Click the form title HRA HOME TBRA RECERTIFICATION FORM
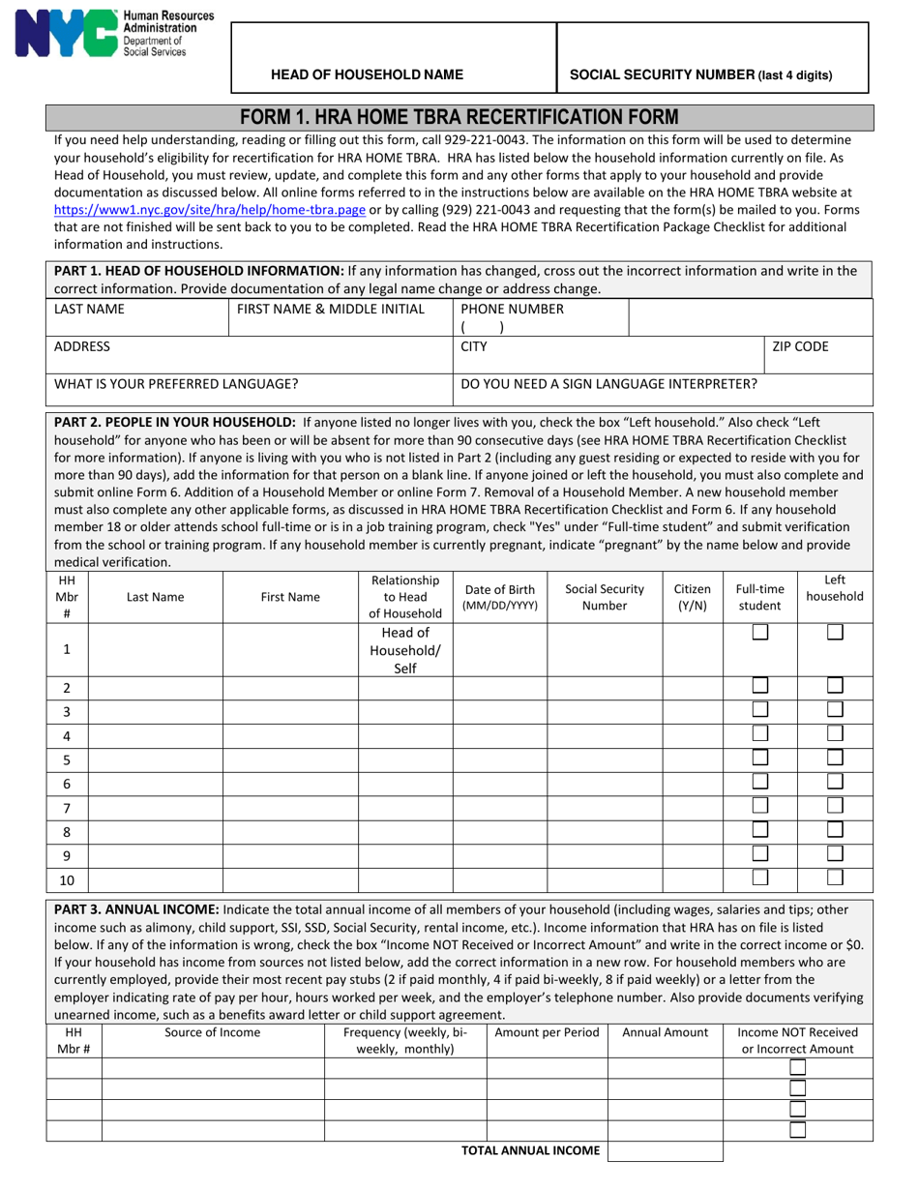point(459,117)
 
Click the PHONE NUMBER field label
point(512,310)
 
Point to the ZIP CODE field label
point(800,346)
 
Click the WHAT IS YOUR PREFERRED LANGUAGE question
point(176,384)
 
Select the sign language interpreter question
point(609,384)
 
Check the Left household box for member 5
point(835,758)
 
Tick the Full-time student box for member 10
point(760,878)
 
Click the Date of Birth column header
point(499,598)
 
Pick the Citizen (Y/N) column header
point(693,598)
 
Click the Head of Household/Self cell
point(405,650)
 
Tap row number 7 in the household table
point(67,808)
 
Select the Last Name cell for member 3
point(156,711)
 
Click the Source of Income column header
point(212,1032)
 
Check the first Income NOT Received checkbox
point(797,1068)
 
